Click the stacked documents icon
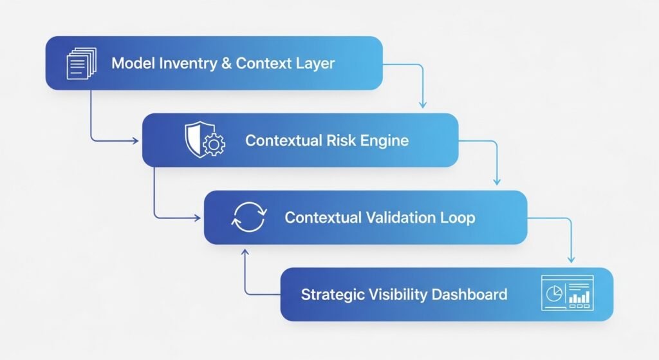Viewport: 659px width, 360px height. (80, 63)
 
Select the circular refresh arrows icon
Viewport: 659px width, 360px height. (248, 217)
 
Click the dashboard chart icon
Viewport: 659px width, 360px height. (567, 294)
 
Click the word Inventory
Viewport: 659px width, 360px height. (187, 63)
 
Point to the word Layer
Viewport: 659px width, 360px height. (315, 63)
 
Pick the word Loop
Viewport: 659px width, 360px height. (458, 217)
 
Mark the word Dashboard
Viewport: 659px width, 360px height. (469, 295)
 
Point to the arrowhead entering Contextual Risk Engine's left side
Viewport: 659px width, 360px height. (137, 140)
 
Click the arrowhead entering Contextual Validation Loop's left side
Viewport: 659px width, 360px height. (198, 217)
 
